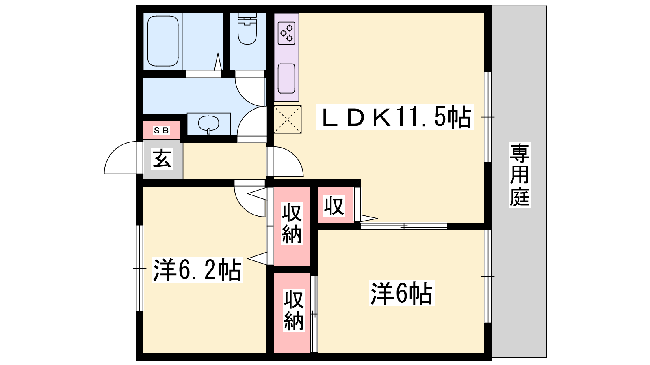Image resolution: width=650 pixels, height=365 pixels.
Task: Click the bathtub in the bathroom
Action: [x=163, y=41]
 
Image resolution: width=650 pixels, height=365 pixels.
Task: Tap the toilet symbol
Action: [x=247, y=28]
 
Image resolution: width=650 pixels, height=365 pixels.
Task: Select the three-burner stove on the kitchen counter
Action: [x=286, y=33]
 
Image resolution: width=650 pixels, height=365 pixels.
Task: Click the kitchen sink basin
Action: [x=286, y=79]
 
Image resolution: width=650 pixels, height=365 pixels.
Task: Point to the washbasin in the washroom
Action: [x=209, y=124]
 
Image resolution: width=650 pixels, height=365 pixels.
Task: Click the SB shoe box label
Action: [x=161, y=130]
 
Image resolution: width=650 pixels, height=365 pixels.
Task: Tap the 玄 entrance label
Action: [x=162, y=159]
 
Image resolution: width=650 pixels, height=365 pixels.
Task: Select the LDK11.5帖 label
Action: [x=395, y=117]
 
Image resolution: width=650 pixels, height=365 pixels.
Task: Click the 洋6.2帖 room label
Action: [x=197, y=270]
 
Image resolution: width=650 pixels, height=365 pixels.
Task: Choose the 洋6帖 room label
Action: [x=402, y=293]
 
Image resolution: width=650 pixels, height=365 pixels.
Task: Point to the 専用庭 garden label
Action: [x=520, y=175]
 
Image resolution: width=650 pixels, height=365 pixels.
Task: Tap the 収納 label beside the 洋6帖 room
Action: [x=294, y=310]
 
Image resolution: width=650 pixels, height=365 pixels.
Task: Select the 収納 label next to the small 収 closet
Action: [x=292, y=223]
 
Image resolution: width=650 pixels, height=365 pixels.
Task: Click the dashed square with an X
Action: [x=287, y=119]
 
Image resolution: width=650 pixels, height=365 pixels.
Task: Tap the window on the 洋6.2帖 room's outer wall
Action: [x=140, y=268]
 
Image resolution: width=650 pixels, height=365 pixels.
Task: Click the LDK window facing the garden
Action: [x=488, y=117]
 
